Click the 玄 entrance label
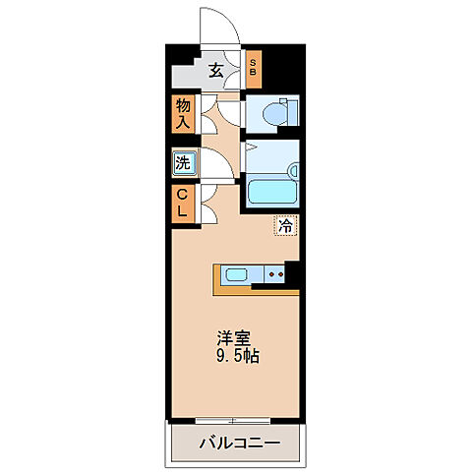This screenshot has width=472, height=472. [x=215, y=69]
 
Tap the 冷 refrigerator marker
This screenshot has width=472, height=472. [x=285, y=226]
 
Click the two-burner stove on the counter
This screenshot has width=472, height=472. [x=277, y=274]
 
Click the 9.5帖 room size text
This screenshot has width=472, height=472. [x=237, y=356]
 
